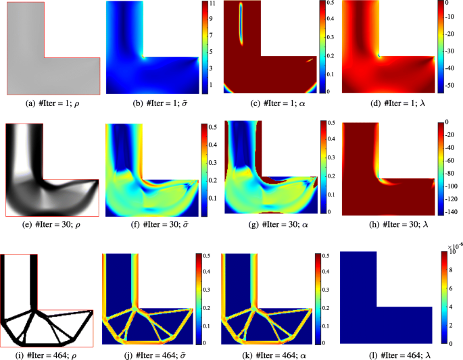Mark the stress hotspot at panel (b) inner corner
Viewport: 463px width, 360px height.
point(143,57)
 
